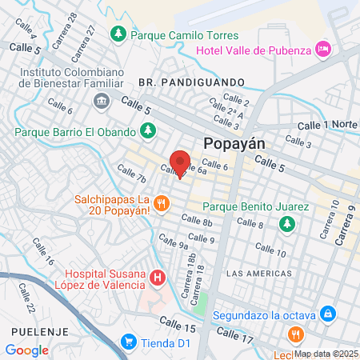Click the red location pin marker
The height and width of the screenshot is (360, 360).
coord(180,162)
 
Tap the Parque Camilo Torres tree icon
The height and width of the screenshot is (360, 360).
coord(118,34)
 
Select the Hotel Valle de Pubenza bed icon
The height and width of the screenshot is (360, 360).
coord(323,48)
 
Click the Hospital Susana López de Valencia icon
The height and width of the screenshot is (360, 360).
coord(158,278)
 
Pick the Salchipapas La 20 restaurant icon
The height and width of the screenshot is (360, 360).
coord(162,203)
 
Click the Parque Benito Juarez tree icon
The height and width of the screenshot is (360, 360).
coord(286,224)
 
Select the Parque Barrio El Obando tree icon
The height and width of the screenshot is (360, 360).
coord(146,130)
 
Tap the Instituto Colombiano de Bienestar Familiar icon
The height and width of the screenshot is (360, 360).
coord(102,100)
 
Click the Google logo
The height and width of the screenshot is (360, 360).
coord(27,350)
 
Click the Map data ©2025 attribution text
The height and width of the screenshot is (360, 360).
coord(326,354)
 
